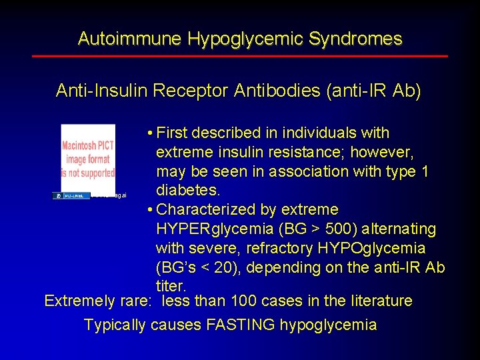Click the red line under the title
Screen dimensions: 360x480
coord(239,56)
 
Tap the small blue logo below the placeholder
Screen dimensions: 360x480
coord(71,195)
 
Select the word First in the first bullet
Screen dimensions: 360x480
coord(177,133)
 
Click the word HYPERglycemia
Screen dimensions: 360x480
coord(214,229)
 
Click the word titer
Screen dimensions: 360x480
coord(169,286)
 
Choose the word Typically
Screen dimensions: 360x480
coord(115,325)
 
